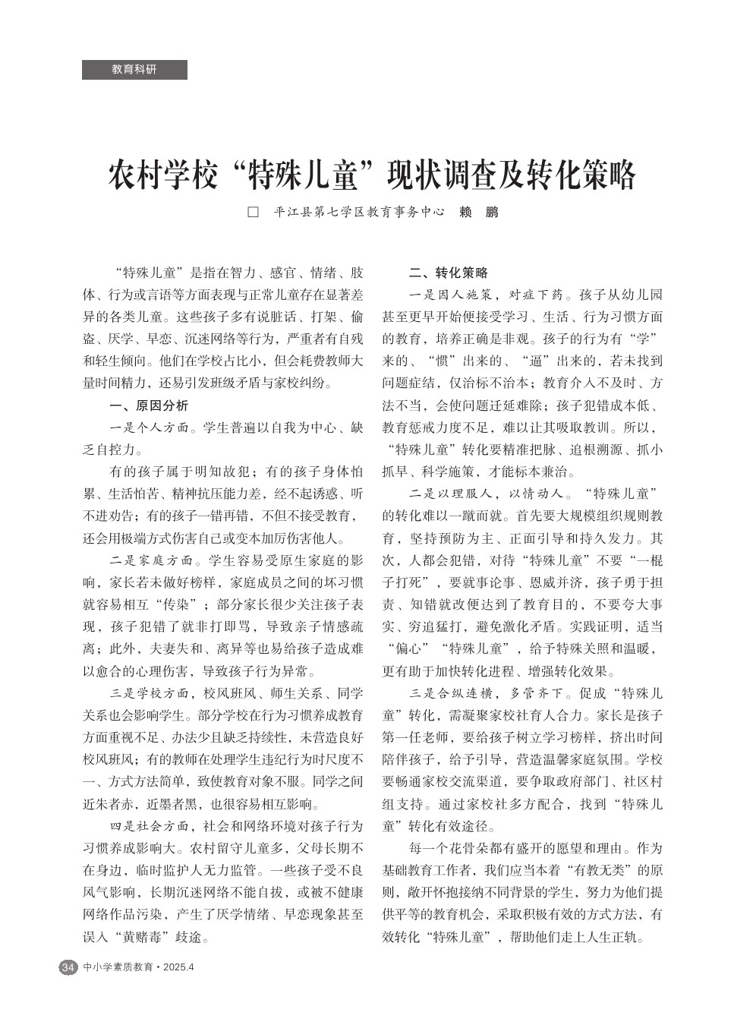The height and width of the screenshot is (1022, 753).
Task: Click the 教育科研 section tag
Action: pyautogui.click(x=134, y=70)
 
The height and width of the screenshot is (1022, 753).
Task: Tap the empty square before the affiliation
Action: pyautogui.click(x=254, y=213)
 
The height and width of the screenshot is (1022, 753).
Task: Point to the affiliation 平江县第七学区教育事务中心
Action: pyautogui.click(x=359, y=213)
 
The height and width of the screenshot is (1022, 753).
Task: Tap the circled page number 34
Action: pyautogui.click(x=68, y=967)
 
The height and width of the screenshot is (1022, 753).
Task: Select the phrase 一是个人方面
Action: pyautogui.click(x=150, y=427)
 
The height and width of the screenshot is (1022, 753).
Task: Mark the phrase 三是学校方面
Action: pyautogui.click(x=150, y=693)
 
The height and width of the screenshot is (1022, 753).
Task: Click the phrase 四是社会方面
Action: pyautogui.click(x=150, y=826)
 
